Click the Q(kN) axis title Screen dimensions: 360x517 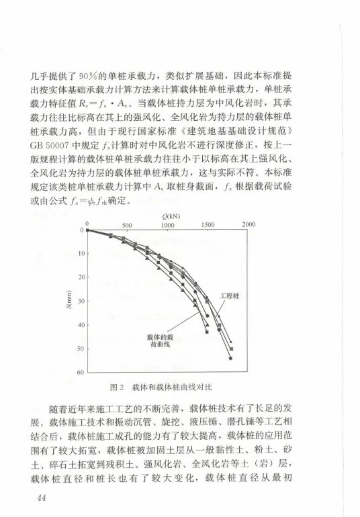(168, 216)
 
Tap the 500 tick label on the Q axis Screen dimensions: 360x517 (126, 225)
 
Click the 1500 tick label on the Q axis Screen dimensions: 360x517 (208, 225)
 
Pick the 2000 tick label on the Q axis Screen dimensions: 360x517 (249, 225)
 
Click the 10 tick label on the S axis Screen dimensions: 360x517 (81, 254)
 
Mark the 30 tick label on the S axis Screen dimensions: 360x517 (81, 301)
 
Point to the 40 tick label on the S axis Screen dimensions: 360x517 (81, 325)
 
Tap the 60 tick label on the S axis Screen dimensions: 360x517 (81, 372)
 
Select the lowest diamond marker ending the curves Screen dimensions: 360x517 (230, 359)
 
